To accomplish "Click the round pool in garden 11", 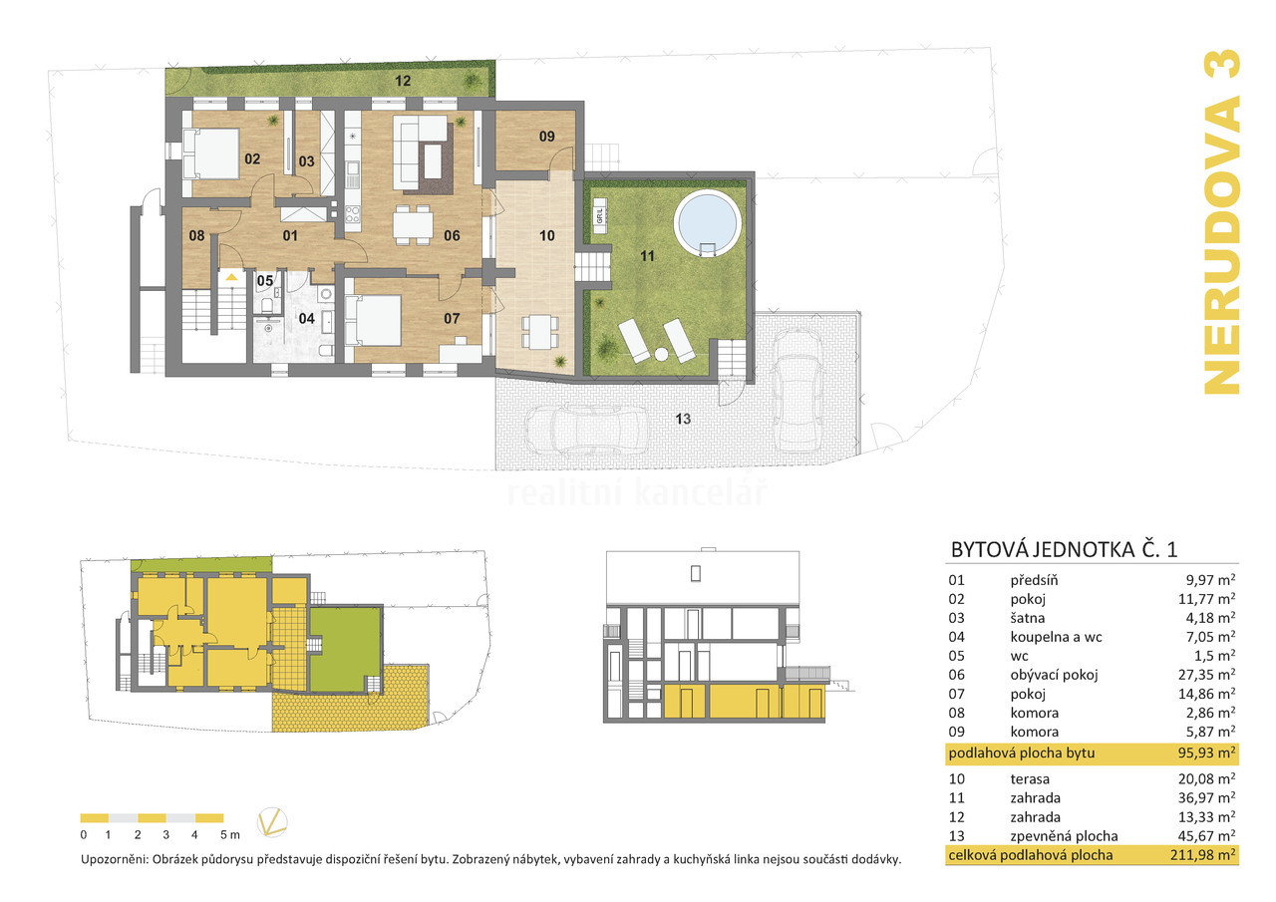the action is (708, 223).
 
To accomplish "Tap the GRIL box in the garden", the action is (600, 216).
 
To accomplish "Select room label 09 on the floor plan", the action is (547, 137).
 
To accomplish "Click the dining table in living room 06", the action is (413, 224).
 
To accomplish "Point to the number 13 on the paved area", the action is (683, 420).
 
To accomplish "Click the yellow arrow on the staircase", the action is (231, 277).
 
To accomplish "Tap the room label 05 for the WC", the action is (265, 281).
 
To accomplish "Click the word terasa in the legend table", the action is (1030, 779).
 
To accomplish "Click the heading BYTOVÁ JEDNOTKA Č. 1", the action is (1064, 549).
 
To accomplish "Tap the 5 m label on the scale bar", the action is (230, 835).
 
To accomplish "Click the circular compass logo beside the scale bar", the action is (272, 822).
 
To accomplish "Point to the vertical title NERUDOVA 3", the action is (1222, 222).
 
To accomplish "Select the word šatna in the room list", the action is (1028, 618).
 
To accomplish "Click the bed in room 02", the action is (210, 153).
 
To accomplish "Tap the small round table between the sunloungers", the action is (661, 354).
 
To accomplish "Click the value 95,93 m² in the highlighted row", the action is (1206, 753).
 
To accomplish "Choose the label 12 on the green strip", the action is (403, 81).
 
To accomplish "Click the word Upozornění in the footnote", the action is (115, 859).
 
